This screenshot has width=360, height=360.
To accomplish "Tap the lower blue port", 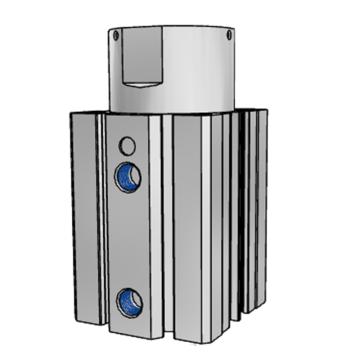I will tap(127, 300).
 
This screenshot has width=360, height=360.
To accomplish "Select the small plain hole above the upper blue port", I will tap(126, 143).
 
